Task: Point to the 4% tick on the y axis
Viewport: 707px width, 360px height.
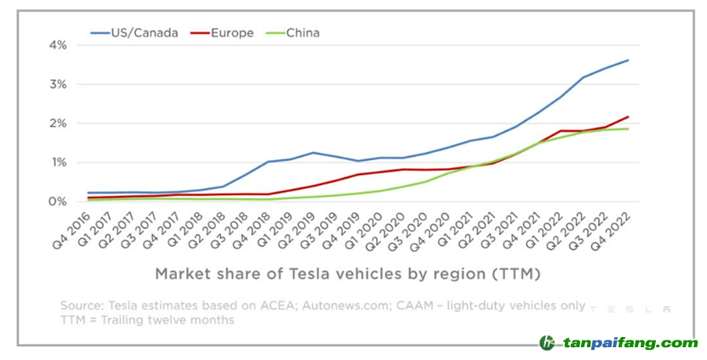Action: pos(57,44)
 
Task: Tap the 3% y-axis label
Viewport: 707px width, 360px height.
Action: pos(57,84)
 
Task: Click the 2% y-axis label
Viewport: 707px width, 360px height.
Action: pos(57,123)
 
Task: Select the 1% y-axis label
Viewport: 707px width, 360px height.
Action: pos(57,163)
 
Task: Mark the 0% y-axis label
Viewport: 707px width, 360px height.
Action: pos(57,202)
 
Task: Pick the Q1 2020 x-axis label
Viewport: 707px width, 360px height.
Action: pos(364,229)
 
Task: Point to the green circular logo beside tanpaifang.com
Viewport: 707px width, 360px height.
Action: pos(547,343)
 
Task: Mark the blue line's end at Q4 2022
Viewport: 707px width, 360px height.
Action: pos(628,60)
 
